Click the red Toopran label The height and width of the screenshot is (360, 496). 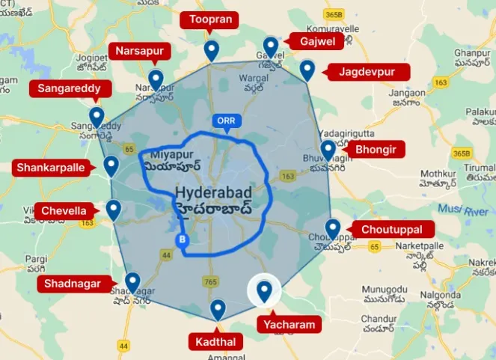(x=211, y=19)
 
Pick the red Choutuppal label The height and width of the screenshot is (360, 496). (x=391, y=229)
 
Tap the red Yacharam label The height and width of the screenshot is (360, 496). (x=288, y=324)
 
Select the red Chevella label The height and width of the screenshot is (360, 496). (x=64, y=211)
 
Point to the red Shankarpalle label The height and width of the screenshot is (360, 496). (x=51, y=167)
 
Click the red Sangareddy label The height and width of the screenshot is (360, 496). (x=74, y=89)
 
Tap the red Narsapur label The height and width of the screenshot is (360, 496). (x=140, y=51)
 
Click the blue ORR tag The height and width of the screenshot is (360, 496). (x=225, y=120)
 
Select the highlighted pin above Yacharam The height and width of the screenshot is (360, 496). (x=264, y=291)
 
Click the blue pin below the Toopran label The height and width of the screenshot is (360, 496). (x=212, y=51)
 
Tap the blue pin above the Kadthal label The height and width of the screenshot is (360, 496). (x=218, y=309)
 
